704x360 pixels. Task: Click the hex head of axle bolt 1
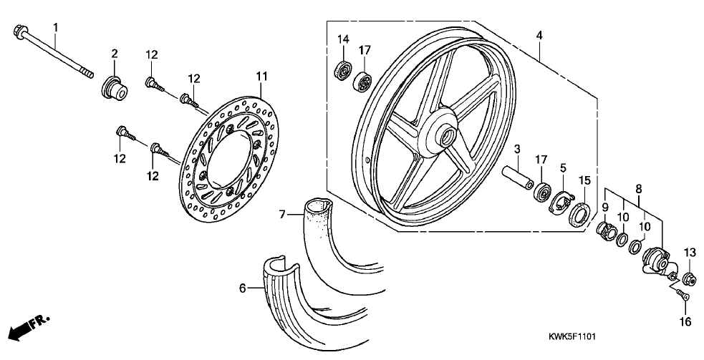coord(21,31)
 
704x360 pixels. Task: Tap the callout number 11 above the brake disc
coord(261,77)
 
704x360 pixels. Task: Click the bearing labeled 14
coord(343,70)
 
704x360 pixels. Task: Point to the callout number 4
coord(539,36)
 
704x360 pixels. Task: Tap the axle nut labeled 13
coord(690,280)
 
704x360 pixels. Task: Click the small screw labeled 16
coord(683,295)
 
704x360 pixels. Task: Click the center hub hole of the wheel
coord(447,137)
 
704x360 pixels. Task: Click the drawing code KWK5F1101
coord(572,336)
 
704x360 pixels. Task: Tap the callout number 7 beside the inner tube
coord(281,215)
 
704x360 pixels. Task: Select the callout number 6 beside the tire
coord(243,288)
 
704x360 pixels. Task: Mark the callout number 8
coord(638,188)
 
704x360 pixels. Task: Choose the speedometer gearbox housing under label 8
coord(655,262)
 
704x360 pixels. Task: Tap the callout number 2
coord(115,54)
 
